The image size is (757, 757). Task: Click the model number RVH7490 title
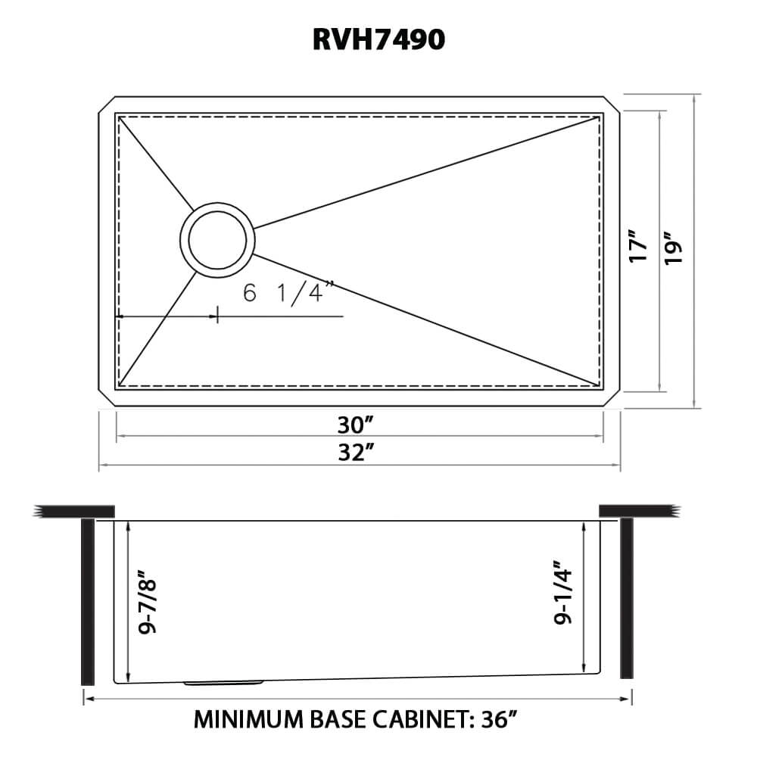click(x=378, y=40)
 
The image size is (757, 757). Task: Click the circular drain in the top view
click(x=217, y=237)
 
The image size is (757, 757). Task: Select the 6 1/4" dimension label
click(x=288, y=293)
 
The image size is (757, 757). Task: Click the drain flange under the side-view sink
click(x=223, y=684)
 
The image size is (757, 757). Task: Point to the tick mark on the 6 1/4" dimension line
click(x=218, y=316)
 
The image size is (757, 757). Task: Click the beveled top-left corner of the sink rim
click(x=106, y=105)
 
